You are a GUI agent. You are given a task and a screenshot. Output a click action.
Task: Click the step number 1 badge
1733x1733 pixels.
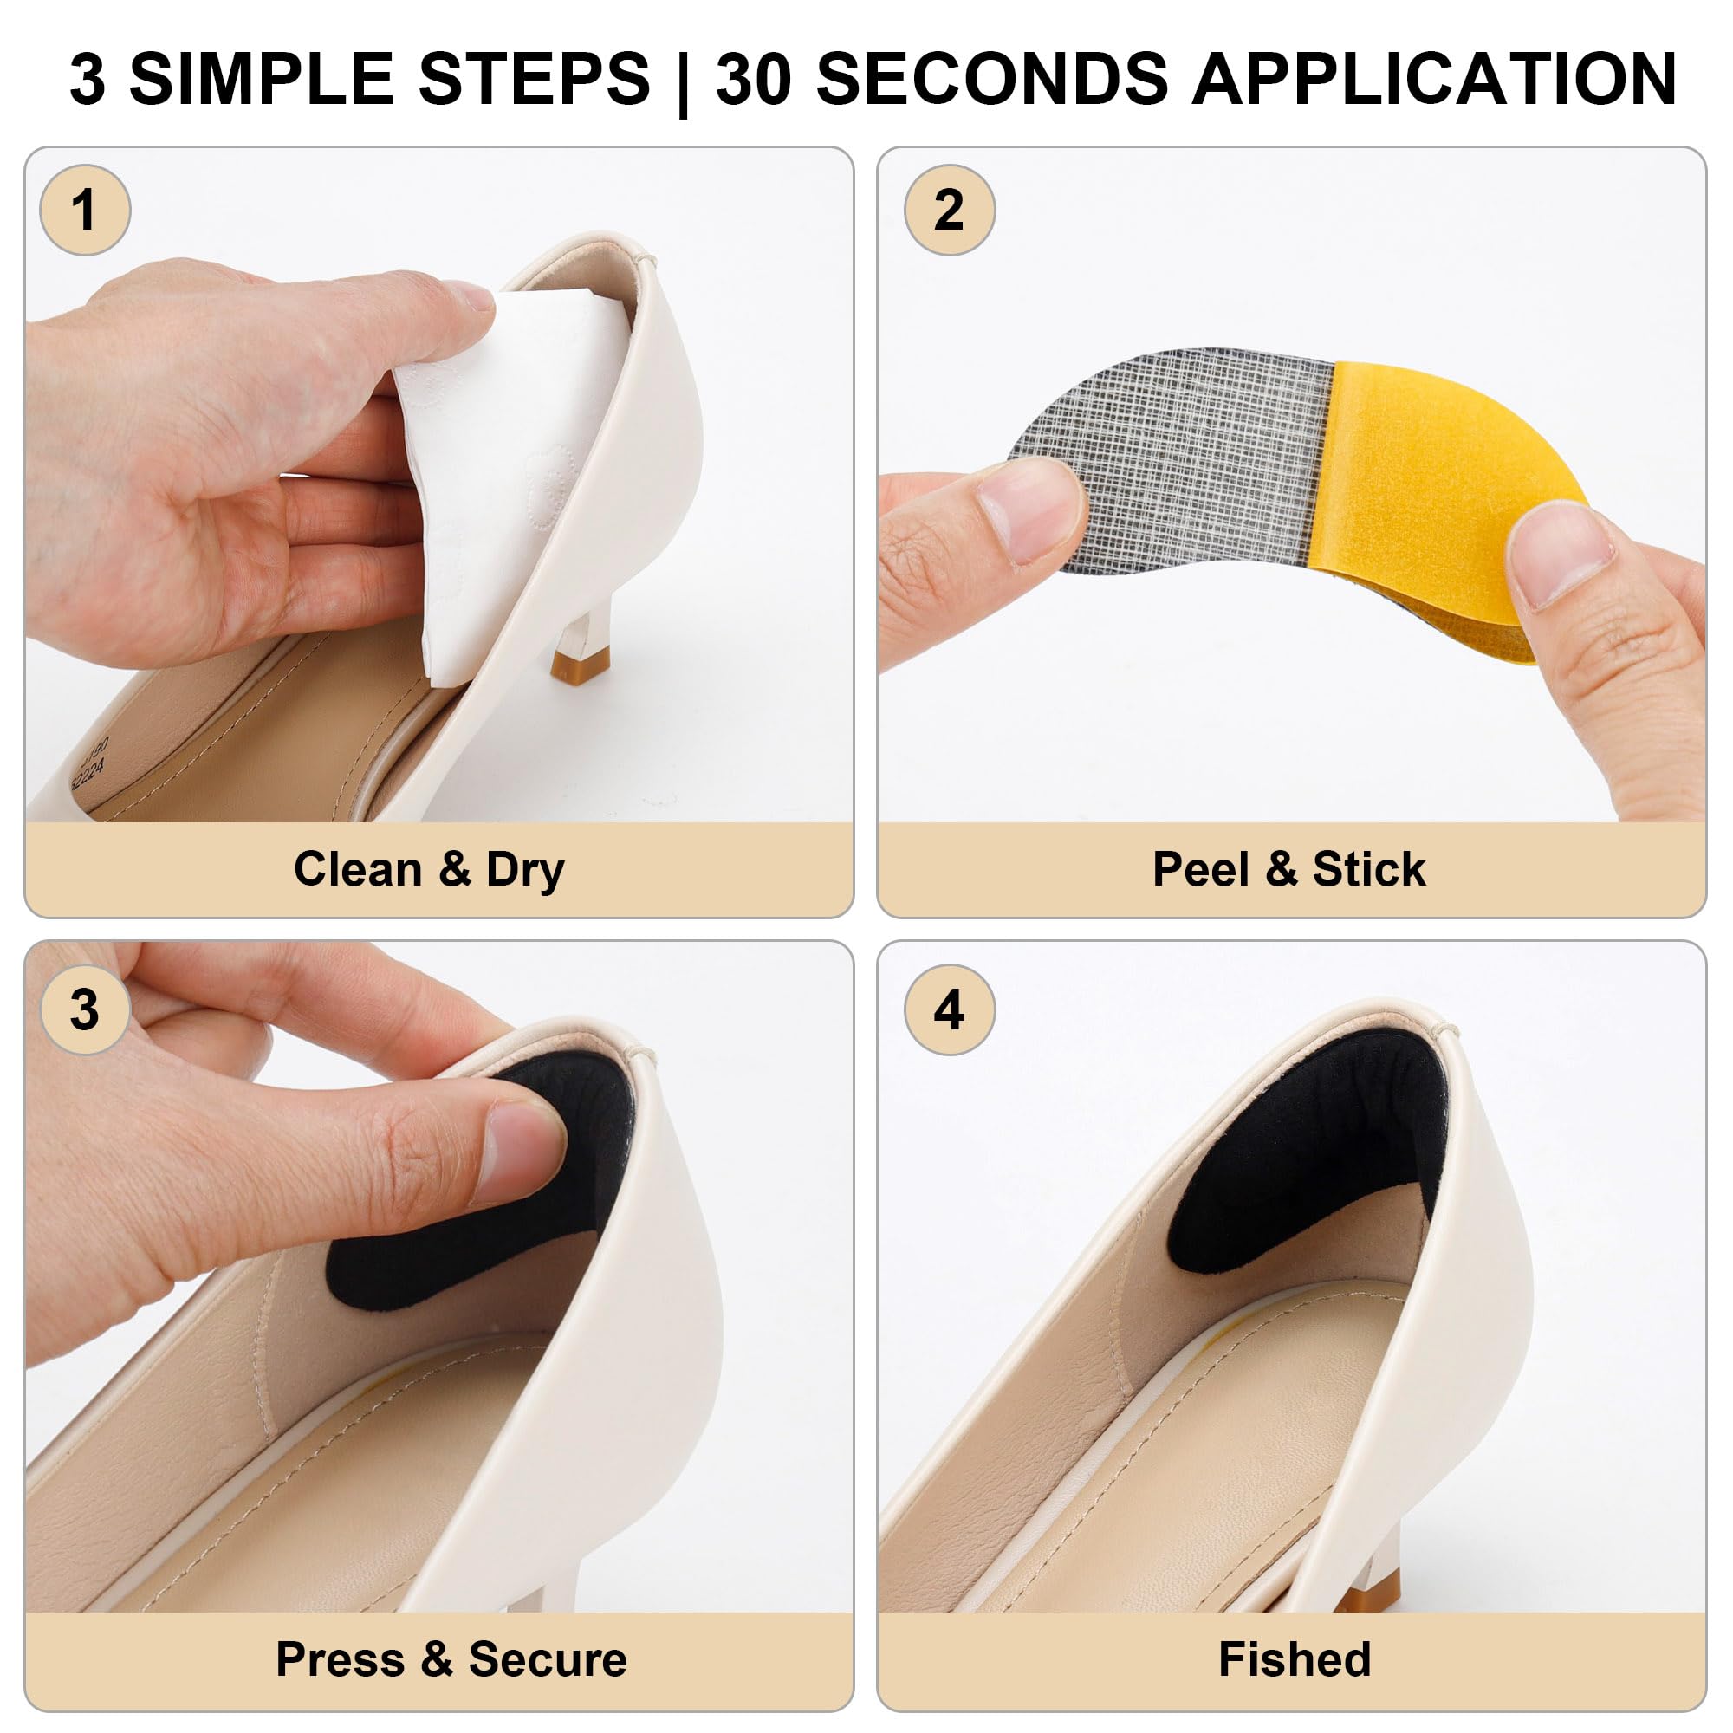pos(85,211)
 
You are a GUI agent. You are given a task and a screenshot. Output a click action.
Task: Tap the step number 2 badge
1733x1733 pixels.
pos(950,211)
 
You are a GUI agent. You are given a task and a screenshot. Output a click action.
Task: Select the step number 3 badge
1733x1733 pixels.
pos(85,1010)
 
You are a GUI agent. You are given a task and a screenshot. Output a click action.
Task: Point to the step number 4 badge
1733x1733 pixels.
pos(950,1010)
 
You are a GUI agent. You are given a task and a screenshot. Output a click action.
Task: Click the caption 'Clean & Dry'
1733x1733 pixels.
pos(429,869)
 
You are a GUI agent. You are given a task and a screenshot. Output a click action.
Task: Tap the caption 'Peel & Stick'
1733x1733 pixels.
pos(1289,869)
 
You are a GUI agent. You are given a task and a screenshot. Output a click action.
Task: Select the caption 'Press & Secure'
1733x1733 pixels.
pos(451,1659)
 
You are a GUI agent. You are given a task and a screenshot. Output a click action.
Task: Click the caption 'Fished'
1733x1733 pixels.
pos(1295,1659)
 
